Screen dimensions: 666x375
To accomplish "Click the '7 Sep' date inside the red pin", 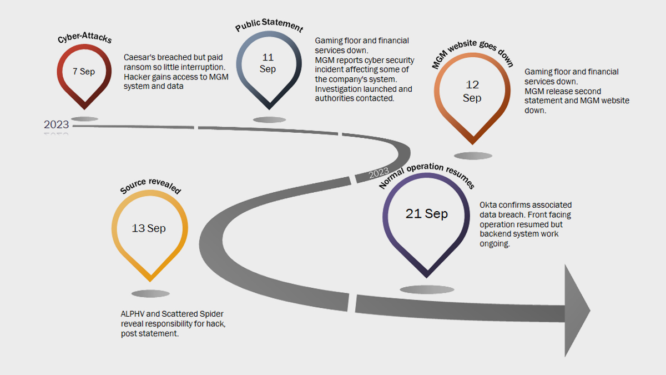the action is point(84,72).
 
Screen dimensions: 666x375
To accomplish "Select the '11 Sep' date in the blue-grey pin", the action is point(268,63).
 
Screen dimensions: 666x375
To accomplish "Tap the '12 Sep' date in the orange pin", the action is point(472,91).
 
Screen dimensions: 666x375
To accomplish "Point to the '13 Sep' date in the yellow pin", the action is point(149,228).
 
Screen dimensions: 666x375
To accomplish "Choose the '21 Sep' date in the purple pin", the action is point(427,214).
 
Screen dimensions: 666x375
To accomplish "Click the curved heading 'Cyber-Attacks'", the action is point(85,38).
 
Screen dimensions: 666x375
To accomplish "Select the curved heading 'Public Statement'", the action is point(269,25).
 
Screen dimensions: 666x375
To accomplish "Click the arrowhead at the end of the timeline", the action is point(577,311).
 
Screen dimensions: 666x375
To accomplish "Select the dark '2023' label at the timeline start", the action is point(56,124).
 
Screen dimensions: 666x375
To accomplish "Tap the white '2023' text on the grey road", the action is point(379,173).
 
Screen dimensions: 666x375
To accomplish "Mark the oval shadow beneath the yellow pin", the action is point(150,294).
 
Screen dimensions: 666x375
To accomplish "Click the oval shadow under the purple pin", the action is point(427,289).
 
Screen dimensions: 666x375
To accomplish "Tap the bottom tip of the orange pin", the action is point(472,144).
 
